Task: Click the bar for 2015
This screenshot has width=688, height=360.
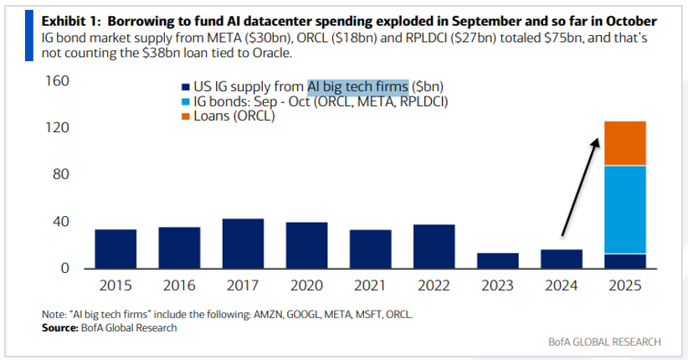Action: pos(116,249)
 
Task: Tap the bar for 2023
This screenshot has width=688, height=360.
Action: pos(498,260)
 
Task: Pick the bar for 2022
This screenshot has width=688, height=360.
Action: pos(434,246)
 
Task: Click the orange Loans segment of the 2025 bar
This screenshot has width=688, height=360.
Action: pos(625,143)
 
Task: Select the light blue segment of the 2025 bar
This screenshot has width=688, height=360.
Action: pos(625,209)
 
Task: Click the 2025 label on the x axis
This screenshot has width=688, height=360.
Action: pos(625,285)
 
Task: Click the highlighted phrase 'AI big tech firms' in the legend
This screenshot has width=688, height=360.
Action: pos(357,86)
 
